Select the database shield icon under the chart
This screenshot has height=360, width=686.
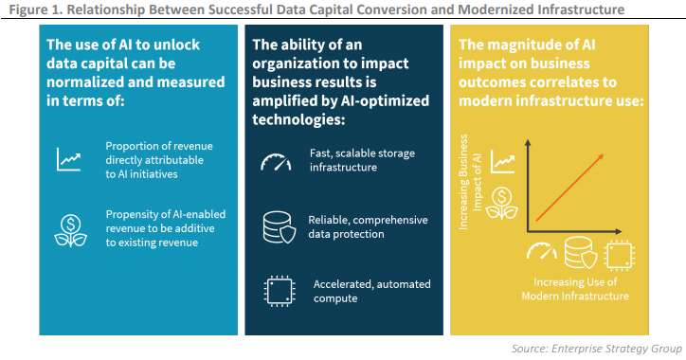pyautogui.click(x=579, y=252)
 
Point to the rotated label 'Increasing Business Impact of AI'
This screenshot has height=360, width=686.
pyautogui.click(x=470, y=190)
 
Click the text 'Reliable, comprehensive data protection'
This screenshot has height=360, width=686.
pyautogui.click(x=365, y=227)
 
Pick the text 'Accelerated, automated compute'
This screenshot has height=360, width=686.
pyautogui.click(x=371, y=291)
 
